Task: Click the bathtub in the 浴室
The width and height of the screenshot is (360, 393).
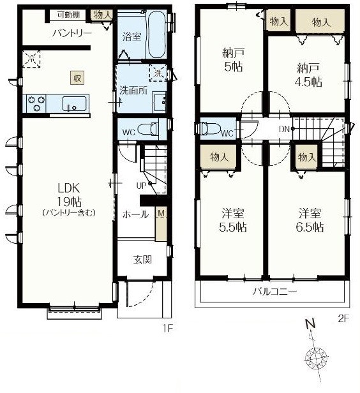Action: pyautogui.click(x=156, y=34)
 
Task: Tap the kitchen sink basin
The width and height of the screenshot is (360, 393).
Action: pyautogui.click(x=75, y=104)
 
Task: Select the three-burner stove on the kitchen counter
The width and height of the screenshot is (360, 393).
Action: pyautogui.click(x=34, y=103)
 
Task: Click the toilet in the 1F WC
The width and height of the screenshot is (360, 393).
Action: pyautogui.click(x=147, y=129)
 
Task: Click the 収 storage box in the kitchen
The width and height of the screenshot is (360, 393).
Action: pyautogui.click(x=77, y=78)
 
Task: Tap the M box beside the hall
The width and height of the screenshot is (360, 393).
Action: pyautogui.click(x=161, y=213)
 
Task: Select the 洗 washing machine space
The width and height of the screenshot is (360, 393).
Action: pyautogui.click(x=158, y=73)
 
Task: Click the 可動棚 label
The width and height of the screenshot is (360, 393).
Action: pyautogui.click(x=68, y=15)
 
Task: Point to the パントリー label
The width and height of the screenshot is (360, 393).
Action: pyautogui.click(x=71, y=33)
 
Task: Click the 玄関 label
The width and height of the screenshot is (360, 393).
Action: pyautogui.click(x=142, y=260)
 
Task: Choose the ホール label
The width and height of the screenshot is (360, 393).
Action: pyautogui.click(x=135, y=214)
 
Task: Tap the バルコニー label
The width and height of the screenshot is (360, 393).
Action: pyautogui.click(x=274, y=292)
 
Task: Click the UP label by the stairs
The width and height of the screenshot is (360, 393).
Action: pyautogui.click(x=141, y=186)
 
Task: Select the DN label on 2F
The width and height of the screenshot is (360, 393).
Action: pyautogui.click(x=284, y=130)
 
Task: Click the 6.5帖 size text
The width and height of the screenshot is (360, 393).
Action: pyautogui.click(x=310, y=227)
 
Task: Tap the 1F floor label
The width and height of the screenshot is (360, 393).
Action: pyautogui.click(x=168, y=329)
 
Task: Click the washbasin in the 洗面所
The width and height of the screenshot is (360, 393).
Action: pyautogui.click(x=160, y=102)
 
